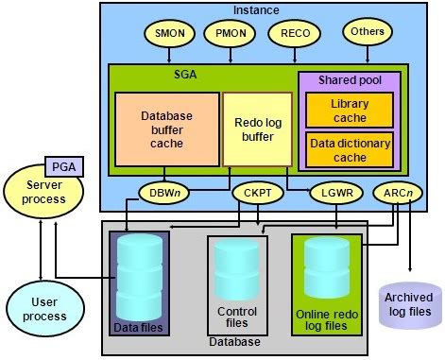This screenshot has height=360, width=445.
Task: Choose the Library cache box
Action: click(349, 109)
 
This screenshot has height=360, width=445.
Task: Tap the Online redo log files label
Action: click(330, 319)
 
